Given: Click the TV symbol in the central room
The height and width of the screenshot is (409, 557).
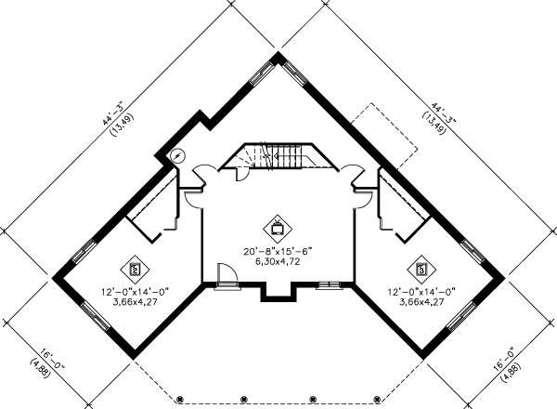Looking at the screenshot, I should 278,225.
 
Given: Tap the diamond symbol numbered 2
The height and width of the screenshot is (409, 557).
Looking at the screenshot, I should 136,270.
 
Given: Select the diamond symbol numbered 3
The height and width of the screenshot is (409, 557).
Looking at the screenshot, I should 421,269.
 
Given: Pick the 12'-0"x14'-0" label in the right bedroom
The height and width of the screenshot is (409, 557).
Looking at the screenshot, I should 421,292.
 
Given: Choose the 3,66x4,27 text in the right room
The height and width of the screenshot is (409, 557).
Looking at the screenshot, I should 421,303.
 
